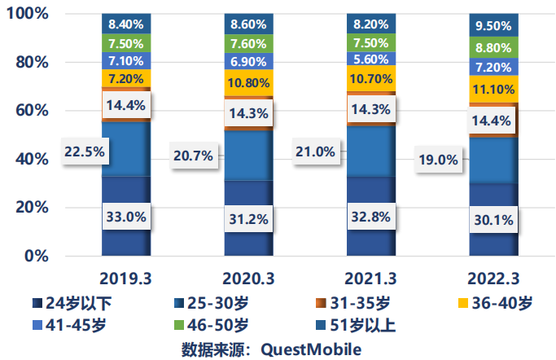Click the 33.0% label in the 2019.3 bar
point(125,217)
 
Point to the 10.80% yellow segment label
point(248,83)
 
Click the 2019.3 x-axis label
point(125,278)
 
